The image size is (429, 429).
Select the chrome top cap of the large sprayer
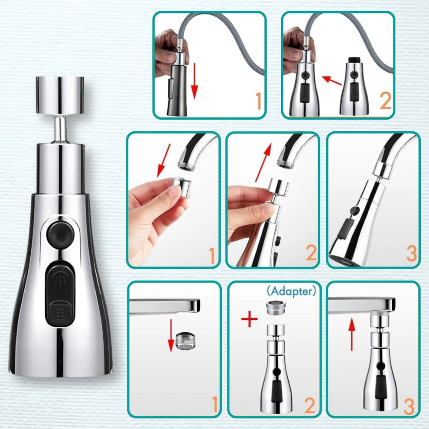point(60,88)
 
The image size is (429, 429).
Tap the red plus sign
point(249,319)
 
